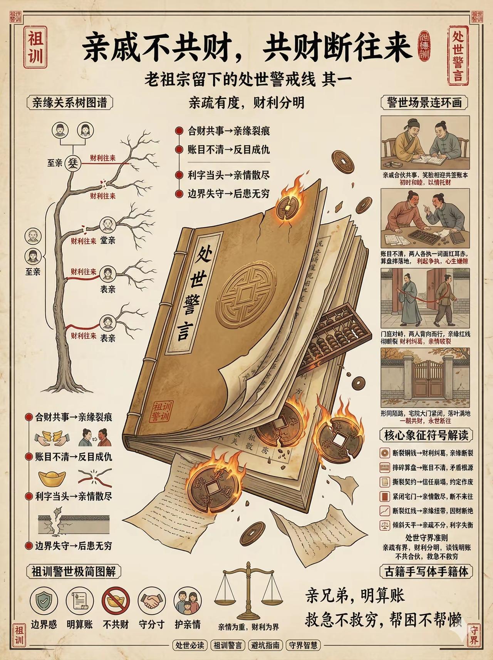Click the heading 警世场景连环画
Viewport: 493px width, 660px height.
pos(424,103)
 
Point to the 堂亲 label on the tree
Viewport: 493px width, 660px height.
pos(108,241)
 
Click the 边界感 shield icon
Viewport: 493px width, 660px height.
pos(43,601)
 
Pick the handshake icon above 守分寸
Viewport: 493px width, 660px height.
pos(151,601)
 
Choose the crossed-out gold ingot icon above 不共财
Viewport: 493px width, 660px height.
pos(116,601)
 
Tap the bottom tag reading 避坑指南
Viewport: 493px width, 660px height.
pos(265,645)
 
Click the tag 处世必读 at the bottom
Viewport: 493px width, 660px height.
pos(189,645)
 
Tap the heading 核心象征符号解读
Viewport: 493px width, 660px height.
pos(426,436)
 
